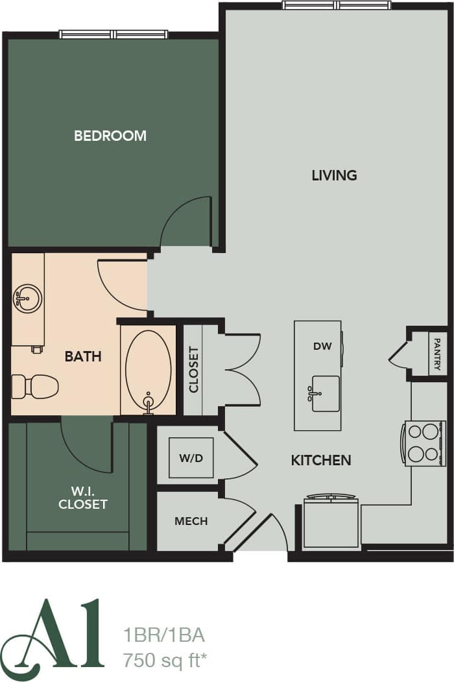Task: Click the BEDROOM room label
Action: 110,136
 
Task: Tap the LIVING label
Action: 334,175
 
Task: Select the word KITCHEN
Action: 321,460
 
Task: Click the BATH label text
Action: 83,356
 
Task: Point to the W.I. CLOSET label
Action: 83,498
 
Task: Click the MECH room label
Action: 191,521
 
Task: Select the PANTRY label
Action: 437,354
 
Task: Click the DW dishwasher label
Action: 322,346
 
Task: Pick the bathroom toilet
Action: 36,386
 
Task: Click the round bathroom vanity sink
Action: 28,298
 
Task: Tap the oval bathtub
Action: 148,370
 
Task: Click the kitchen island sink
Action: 325,393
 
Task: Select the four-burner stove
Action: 425,443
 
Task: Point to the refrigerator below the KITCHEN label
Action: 331,522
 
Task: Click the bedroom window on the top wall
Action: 113,34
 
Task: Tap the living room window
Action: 337,5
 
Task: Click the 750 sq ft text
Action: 165,661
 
